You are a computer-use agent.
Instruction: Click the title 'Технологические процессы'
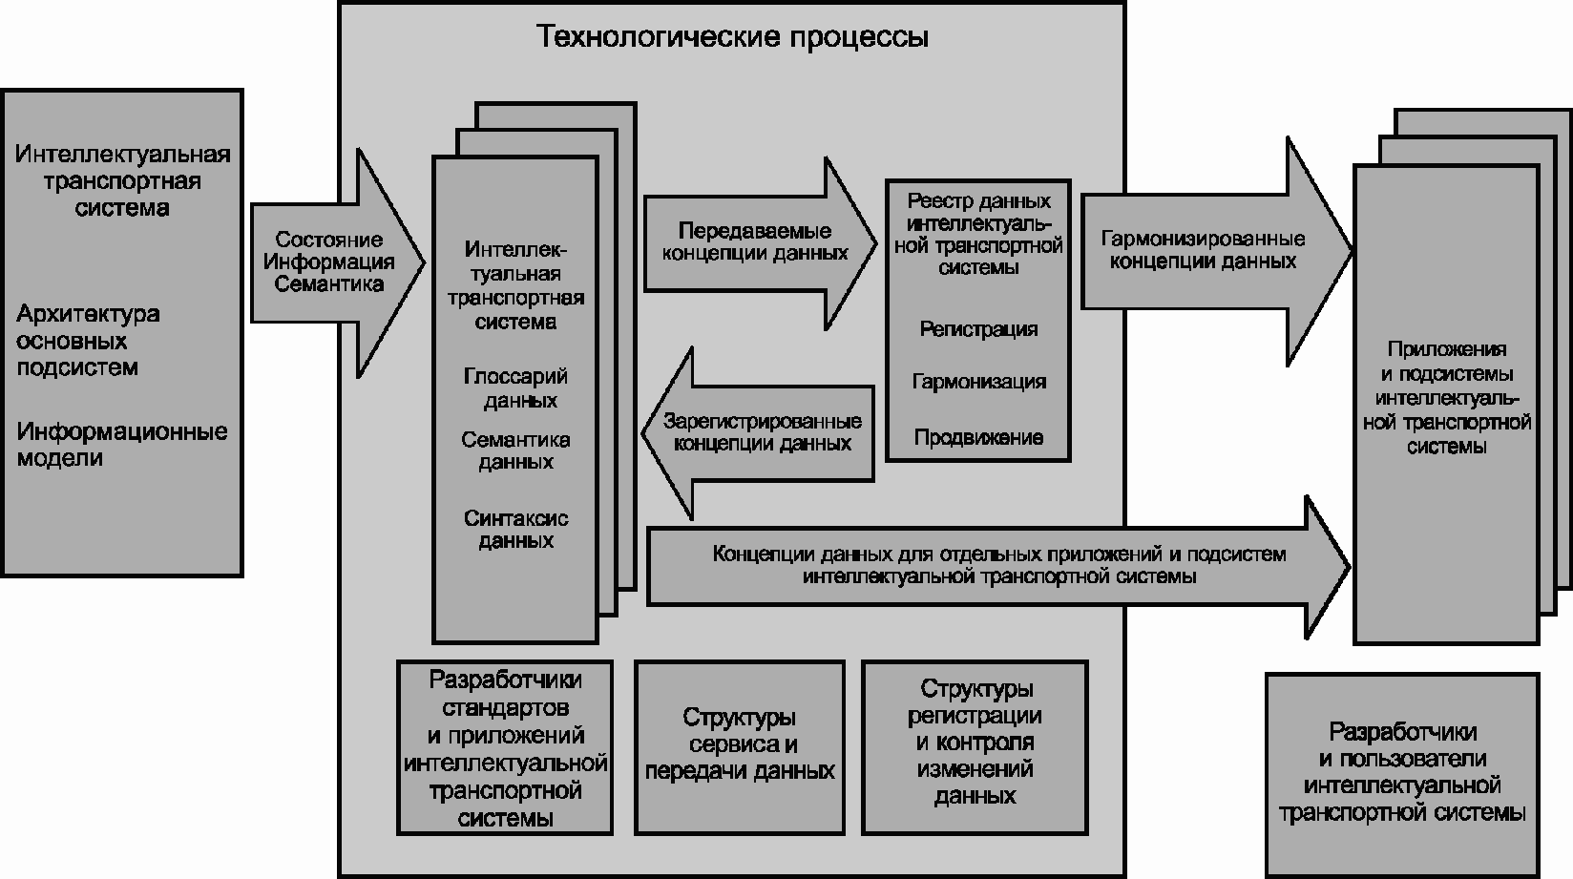tap(732, 37)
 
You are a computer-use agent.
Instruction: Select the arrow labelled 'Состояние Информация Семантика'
tap(330, 262)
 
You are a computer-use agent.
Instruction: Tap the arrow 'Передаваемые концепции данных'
tap(753, 243)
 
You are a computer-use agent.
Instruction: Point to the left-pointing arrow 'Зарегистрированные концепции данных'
tap(761, 433)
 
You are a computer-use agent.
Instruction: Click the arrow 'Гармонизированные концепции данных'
tap(1205, 251)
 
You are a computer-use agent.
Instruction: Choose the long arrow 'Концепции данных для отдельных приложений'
tap(997, 566)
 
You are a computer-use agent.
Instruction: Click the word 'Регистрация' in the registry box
tap(978, 329)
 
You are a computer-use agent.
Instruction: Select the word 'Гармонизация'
tap(978, 382)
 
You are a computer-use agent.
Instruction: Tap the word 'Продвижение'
tap(978, 438)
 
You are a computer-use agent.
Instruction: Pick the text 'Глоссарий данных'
tap(515, 388)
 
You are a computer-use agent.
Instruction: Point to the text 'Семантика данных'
tap(515, 450)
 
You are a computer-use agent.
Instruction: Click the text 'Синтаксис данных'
tap(515, 530)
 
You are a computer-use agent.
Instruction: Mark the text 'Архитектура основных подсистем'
tap(88, 341)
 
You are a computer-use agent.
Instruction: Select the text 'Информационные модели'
tap(121, 445)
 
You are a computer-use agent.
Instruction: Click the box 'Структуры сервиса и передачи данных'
tap(739, 745)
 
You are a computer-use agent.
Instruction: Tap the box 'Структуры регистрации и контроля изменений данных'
tap(975, 742)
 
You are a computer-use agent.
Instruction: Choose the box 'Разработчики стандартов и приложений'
tap(505, 748)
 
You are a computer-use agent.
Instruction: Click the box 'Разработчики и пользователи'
tap(1401, 774)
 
